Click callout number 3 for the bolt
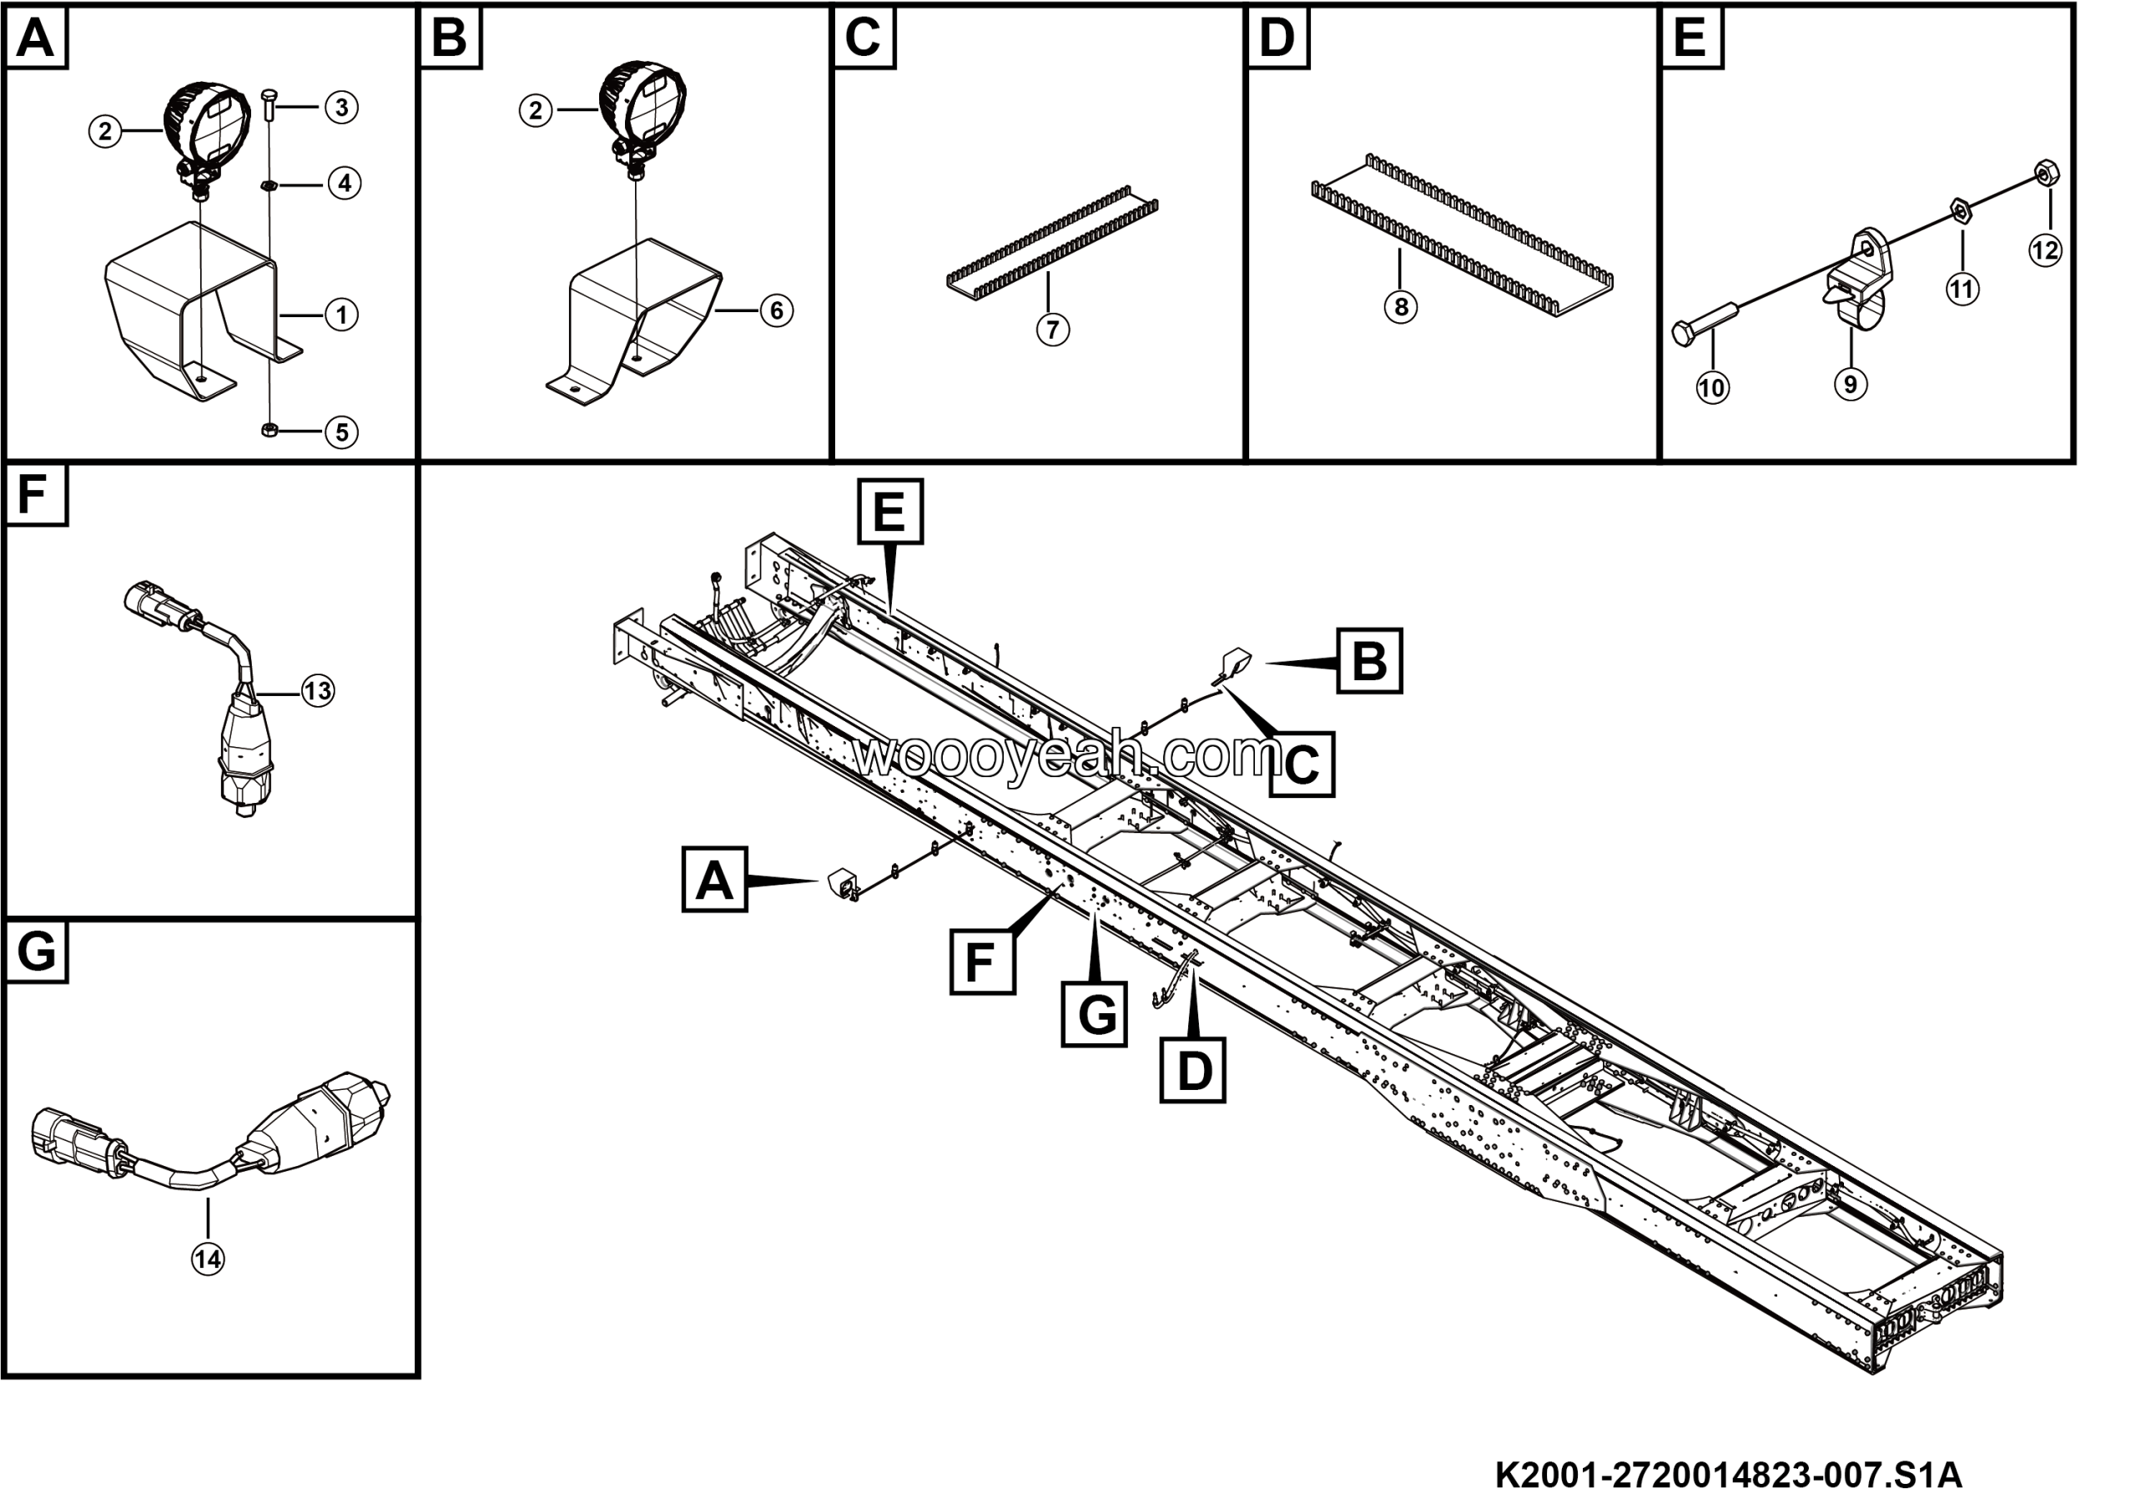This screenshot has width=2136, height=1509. point(341,108)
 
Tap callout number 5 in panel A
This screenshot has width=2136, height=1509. point(341,432)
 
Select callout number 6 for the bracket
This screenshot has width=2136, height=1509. point(777,310)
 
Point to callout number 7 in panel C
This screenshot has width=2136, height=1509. point(1052,330)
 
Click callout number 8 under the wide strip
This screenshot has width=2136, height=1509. point(1400,307)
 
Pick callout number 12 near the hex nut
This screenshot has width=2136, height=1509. point(2045,250)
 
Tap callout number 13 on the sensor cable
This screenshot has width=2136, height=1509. point(318,691)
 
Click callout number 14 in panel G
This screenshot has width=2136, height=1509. point(208,1259)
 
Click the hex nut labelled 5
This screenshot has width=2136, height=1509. point(270,430)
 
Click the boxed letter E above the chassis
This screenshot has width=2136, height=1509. point(890,512)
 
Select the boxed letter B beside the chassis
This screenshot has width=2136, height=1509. point(1368,662)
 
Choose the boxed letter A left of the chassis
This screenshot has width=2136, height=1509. point(714,879)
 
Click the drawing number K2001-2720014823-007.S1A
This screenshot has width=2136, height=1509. point(1729,1476)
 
